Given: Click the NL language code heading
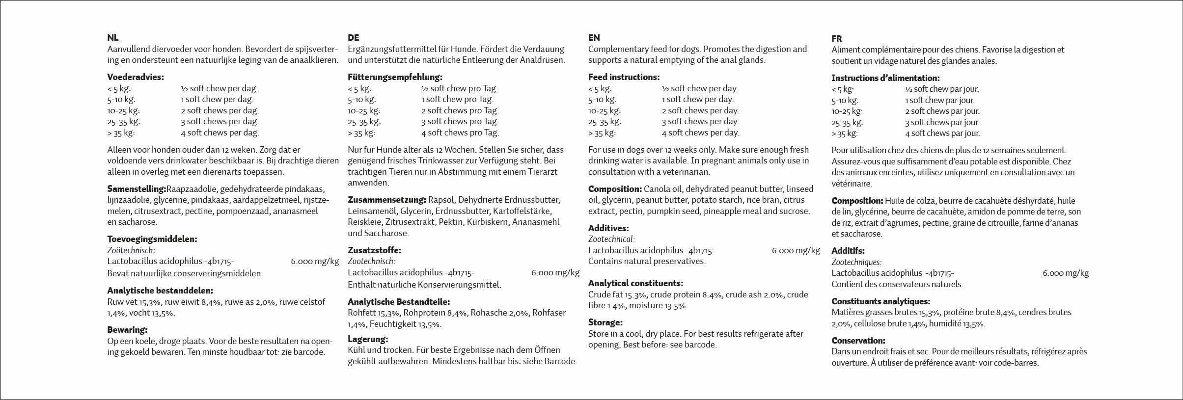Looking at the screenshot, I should coord(113,38).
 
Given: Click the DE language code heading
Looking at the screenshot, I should coord(353,38).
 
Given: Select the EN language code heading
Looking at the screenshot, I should coord(594,38).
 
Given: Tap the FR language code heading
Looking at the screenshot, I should coord(837,39).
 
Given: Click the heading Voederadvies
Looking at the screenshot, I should coord(136,77).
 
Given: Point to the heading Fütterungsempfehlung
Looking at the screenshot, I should coord(395,77).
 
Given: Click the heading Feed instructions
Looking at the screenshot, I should coord(624,77).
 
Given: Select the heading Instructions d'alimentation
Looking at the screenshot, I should coord(885,78).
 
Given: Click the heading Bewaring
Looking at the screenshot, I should coord(127,330).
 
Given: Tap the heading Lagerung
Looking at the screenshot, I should coord(368,339).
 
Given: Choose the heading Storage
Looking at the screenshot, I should coord(605,322).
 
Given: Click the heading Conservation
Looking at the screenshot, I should coord(858,341).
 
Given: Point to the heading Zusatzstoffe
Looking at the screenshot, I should coord(374,250).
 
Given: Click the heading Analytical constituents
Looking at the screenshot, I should coord(635,283).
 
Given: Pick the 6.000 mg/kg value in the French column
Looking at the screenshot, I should coord(1066,273).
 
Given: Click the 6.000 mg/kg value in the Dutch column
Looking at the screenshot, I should coord(315,262).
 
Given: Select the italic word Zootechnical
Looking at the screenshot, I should coord(611,240).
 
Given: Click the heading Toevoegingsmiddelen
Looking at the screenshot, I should coord(152,240).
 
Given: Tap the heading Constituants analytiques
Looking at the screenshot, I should coord(880,301).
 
